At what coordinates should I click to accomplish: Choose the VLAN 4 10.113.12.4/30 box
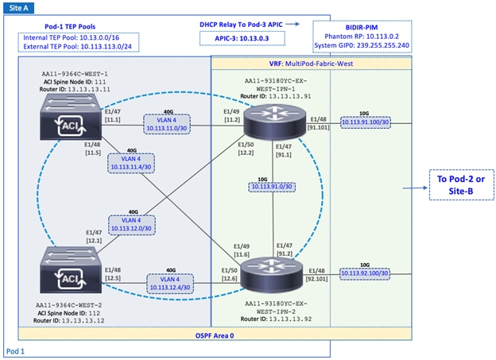171,281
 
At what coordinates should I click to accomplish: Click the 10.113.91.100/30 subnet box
367,122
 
